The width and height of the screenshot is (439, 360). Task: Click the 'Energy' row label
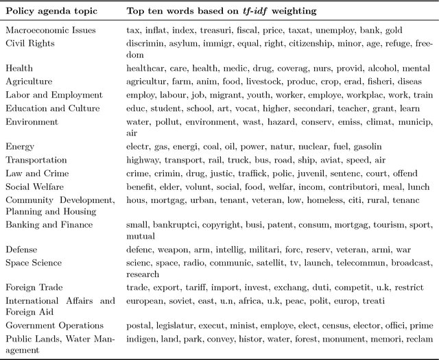[20, 146]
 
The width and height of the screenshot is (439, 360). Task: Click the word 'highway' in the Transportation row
[144, 159]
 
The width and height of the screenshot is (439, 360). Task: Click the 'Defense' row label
[21, 250]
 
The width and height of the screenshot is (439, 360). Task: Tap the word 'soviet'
[187, 301]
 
